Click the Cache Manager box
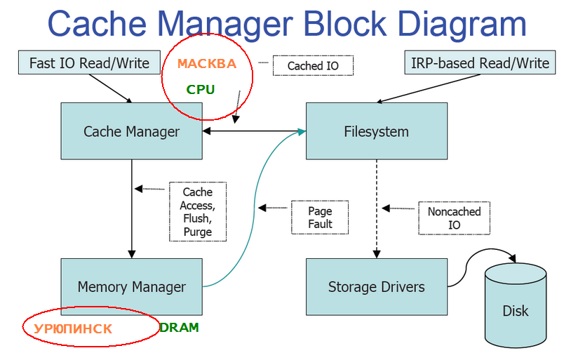click(x=131, y=131)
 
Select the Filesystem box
click(x=376, y=131)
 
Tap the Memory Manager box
click(x=131, y=286)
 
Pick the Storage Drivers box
click(x=376, y=286)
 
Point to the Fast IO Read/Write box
click(x=89, y=63)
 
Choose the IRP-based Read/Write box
click(x=479, y=63)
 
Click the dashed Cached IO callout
click(x=313, y=66)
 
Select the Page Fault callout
click(x=320, y=218)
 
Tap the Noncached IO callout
click(x=454, y=218)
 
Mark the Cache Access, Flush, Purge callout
click(x=197, y=212)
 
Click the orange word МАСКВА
click(x=206, y=64)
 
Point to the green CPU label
click(x=201, y=90)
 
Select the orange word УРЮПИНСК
click(x=73, y=328)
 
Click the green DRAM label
click(x=180, y=328)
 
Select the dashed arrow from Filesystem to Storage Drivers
click(x=377, y=211)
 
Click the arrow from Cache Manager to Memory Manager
click(x=131, y=211)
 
